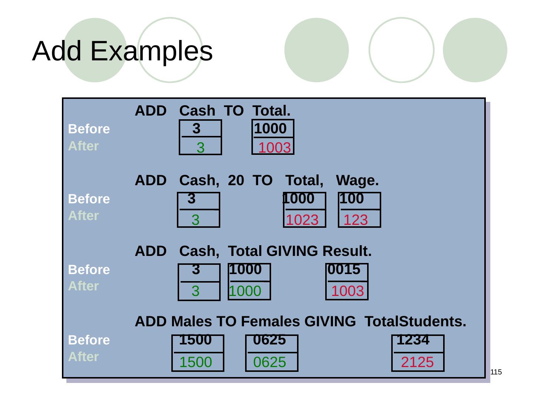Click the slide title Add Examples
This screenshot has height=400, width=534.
coord(122,51)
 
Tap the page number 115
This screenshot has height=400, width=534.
coord(496,372)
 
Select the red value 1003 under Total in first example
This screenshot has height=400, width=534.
coord(274,148)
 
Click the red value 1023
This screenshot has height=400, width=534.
coord(302,220)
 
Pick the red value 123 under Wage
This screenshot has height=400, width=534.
coord(356,220)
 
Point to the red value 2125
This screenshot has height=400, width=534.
coord(417,362)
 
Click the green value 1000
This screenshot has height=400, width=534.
coord(245,291)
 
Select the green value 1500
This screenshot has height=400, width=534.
coord(195,362)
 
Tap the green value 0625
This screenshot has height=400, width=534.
coord(270,362)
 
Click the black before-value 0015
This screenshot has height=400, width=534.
coord(344,270)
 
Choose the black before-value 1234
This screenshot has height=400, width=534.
coord(413,340)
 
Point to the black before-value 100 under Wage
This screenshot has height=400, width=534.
coord(352,199)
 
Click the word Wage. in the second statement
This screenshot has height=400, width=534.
coord(357,181)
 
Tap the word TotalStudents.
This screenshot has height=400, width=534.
coord(415,321)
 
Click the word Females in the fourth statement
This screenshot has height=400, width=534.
coord(270,321)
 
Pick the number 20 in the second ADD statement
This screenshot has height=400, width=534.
coord(236,181)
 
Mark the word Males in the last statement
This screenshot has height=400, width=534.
coord(191,321)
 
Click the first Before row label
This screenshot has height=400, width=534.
coord(89,129)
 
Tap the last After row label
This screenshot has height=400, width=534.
coord(83,357)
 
